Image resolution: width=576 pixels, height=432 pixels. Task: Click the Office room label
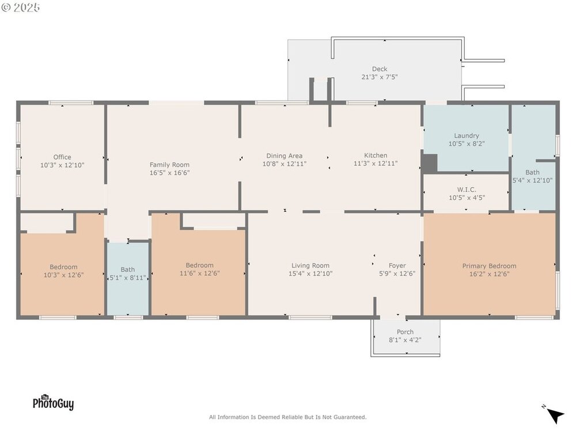[62, 157]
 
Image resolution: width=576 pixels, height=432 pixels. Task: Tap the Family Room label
[169, 165]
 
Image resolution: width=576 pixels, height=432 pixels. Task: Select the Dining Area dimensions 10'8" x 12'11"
[285, 164]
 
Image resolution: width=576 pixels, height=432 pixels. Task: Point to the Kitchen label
[376, 156]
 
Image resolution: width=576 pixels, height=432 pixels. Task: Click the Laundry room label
[467, 135]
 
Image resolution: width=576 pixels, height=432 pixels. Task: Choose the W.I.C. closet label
[467, 190]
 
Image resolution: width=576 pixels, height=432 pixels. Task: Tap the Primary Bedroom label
[489, 266]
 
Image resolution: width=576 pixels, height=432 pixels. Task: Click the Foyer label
[397, 265]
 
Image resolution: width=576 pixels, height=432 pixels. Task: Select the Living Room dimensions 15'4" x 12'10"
[310, 273]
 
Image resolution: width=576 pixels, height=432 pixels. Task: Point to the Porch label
[405, 332]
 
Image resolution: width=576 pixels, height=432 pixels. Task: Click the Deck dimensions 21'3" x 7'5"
[380, 77]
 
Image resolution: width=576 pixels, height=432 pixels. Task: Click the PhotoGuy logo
[53, 402]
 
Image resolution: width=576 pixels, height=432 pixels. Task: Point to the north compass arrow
[555, 415]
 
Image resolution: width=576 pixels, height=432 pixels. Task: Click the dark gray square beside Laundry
[430, 163]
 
